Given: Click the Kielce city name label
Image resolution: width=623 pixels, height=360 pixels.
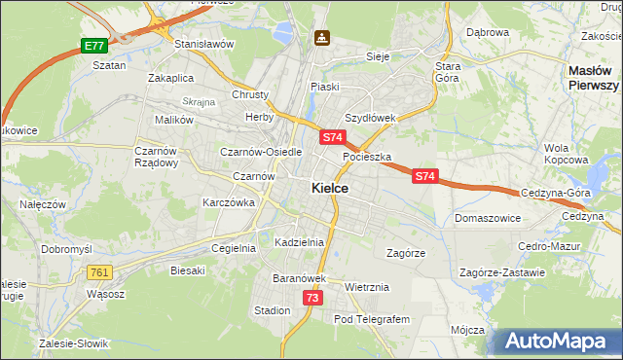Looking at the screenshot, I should coord(331,189).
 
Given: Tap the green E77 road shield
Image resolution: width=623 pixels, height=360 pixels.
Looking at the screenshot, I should coord(93,46).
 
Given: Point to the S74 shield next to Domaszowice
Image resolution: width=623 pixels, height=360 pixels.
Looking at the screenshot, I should coord(424,176).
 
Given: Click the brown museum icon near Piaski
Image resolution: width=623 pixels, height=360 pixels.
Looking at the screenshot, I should coord(322,38).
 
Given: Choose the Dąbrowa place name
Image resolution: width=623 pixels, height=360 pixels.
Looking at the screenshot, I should coord(488,32).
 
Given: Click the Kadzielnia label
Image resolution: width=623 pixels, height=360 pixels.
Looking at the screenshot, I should coord(299,241).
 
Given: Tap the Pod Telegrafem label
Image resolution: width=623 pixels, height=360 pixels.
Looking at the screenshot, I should coord(372,319).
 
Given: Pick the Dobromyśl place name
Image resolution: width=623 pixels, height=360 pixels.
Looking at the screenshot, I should coord(66,249).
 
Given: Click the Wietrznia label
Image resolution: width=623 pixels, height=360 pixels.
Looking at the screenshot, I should coord(367,287).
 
